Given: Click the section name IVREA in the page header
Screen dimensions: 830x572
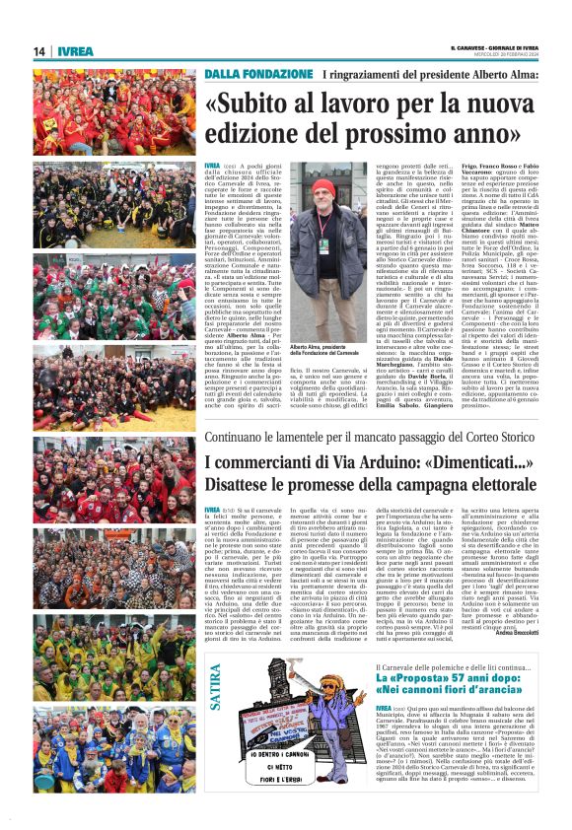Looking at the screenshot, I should [x=74, y=51].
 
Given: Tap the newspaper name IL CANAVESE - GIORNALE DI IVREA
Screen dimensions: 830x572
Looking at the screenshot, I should [x=494, y=47].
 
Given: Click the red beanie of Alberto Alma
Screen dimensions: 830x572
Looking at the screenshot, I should [x=321, y=188].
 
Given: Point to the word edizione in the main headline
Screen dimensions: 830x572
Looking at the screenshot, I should [x=251, y=131].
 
